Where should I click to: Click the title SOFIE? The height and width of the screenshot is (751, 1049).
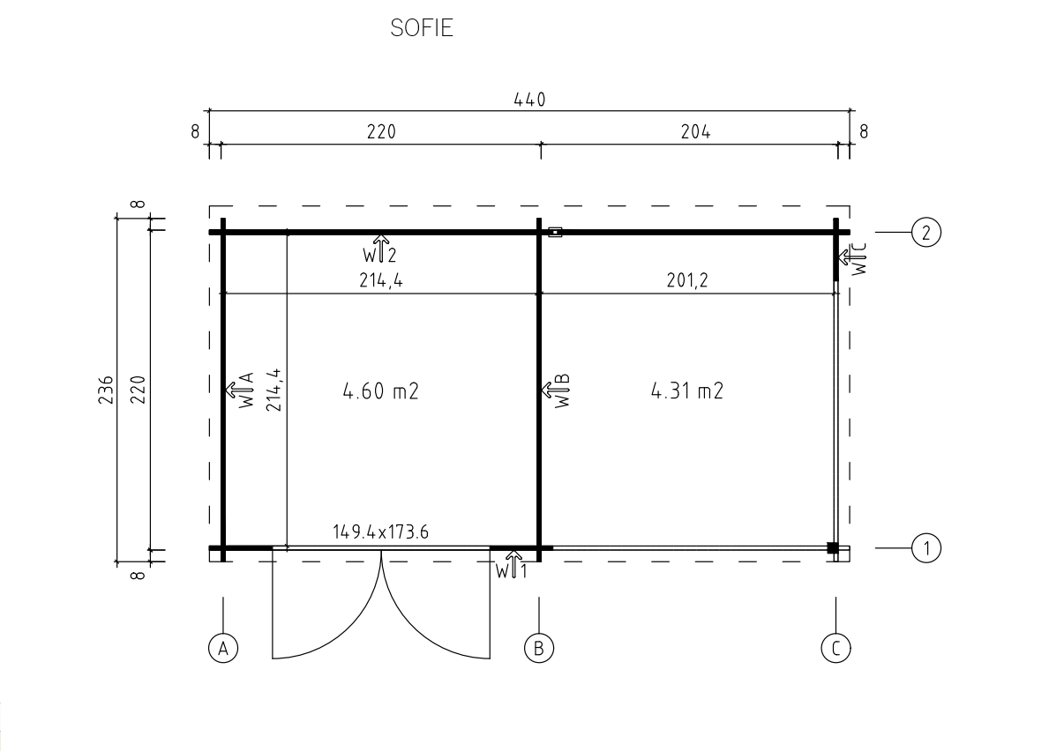[422, 28]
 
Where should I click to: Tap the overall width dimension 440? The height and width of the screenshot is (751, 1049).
[530, 100]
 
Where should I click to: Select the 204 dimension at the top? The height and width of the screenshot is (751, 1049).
[696, 131]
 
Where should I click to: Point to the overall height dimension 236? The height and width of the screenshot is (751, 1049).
[106, 390]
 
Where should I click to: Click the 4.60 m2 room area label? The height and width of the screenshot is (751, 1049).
[380, 390]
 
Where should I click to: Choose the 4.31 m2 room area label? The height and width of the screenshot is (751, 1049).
[687, 390]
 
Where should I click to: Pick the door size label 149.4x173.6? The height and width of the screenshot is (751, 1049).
[380, 532]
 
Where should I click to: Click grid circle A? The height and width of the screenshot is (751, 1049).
[223, 648]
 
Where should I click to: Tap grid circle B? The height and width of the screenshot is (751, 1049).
[539, 648]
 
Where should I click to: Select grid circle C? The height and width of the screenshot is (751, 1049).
[835, 648]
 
